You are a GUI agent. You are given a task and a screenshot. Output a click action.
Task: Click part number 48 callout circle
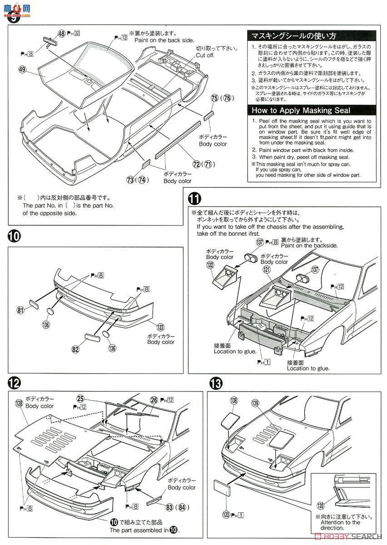pos(62,33)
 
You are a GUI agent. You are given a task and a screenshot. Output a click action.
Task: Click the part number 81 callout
pos(20,311)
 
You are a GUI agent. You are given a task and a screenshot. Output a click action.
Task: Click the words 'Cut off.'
pos(205,55)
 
